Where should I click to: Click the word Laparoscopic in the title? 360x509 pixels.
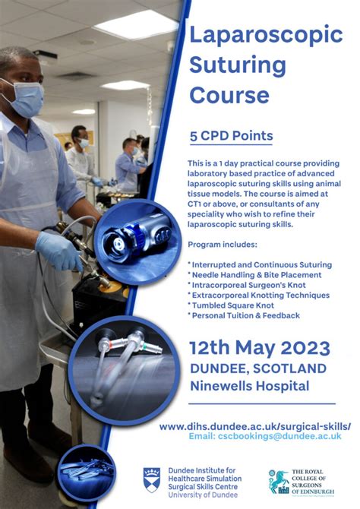click(266, 35)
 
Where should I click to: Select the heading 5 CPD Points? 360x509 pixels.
click(231, 136)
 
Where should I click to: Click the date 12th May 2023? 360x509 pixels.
click(261, 348)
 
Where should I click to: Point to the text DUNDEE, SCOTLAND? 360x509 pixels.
click(258, 368)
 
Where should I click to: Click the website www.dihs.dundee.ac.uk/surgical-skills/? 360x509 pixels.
click(255, 426)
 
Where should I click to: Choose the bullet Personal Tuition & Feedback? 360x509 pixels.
click(244, 315)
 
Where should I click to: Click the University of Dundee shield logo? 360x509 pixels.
click(152, 479)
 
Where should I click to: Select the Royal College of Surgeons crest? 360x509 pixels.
click(279, 481)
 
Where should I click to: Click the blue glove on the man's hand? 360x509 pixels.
click(58, 250)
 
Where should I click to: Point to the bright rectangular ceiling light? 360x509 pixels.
click(136, 24)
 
